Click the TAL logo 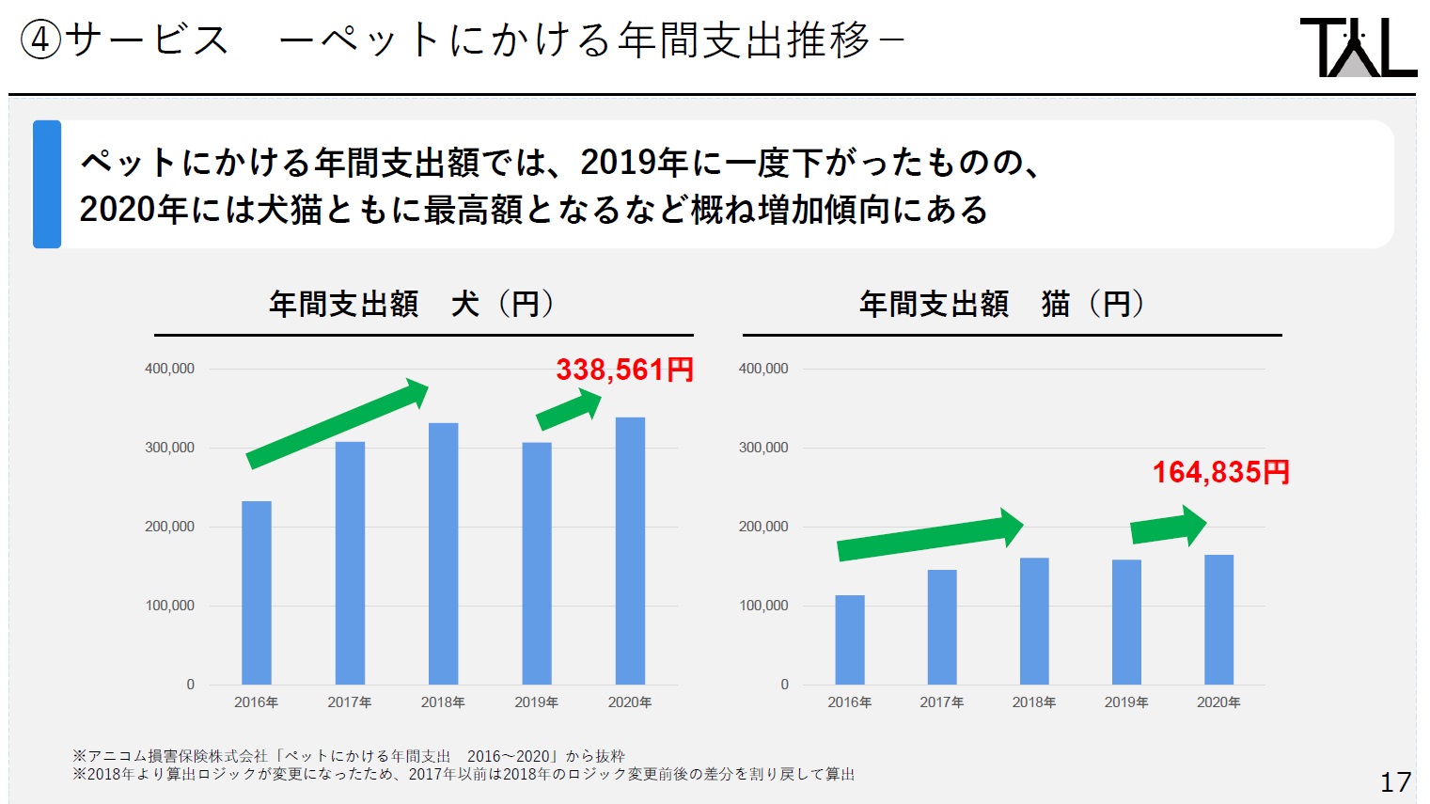(1358, 47)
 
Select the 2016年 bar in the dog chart (257, 592)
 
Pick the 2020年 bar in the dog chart (630, 550)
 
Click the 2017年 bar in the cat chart (942, 626)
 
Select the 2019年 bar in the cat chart (1126, 622)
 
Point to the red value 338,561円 (624, 370)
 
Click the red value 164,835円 (1220, 472)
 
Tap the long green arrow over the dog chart (337, 423)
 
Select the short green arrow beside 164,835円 (1168, 527)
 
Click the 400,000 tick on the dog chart (169, 369)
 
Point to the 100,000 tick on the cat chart (763, 606)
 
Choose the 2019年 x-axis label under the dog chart (536, 702)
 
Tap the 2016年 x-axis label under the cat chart (849, 702)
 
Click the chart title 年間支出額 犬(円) (412, 305)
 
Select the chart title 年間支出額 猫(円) (1001, 305)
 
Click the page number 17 (1395, 781)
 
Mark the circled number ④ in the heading (40, 40)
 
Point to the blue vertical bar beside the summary (47, 184)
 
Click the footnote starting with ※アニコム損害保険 (349, 756)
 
